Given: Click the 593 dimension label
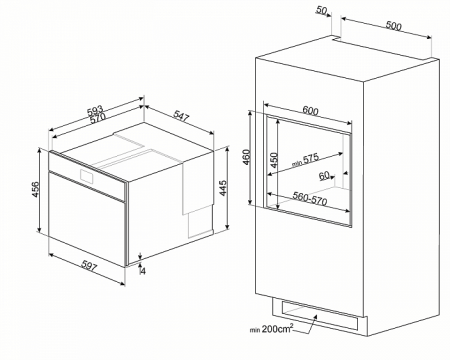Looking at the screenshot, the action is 96,110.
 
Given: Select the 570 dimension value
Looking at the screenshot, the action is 98,118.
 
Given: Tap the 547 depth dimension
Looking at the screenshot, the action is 181,115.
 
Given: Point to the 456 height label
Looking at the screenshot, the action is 35,189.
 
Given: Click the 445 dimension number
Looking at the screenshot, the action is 223,188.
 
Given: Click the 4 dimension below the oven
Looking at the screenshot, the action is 143,271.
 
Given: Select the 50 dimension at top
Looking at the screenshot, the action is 321,10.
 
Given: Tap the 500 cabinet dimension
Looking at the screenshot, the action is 393,26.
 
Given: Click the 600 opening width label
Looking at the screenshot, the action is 310,110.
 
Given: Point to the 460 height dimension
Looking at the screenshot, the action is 246,157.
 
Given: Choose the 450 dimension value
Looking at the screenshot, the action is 273,160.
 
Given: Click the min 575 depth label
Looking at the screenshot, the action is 305,159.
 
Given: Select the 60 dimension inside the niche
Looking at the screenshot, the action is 324,175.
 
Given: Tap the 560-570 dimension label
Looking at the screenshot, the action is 310,199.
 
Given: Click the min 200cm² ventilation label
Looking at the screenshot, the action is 272,329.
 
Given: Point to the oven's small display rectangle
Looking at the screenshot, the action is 87,175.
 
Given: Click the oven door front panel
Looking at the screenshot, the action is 87,219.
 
